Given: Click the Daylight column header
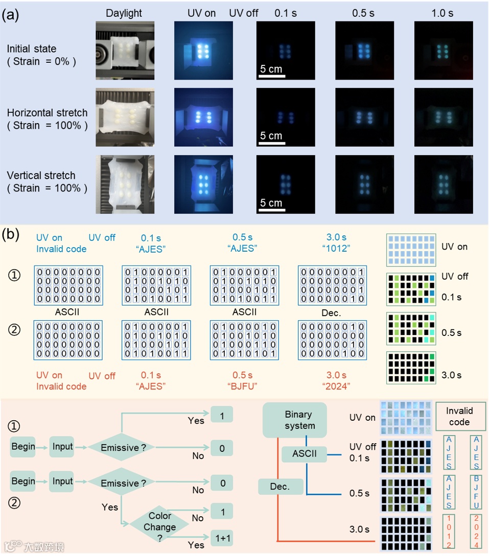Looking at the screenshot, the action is click(125, 13).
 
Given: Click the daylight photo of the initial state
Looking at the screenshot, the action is click(125, 50).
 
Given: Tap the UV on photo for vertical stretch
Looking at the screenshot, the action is click(203, 185).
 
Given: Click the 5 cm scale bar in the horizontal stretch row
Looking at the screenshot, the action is click(271, 143).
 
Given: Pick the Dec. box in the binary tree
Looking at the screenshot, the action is click(279, 487).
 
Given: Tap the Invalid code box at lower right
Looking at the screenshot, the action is click(459, 416).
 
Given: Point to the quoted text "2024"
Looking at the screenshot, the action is click(336, 386).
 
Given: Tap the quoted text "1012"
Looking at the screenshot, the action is click(336, 249).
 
